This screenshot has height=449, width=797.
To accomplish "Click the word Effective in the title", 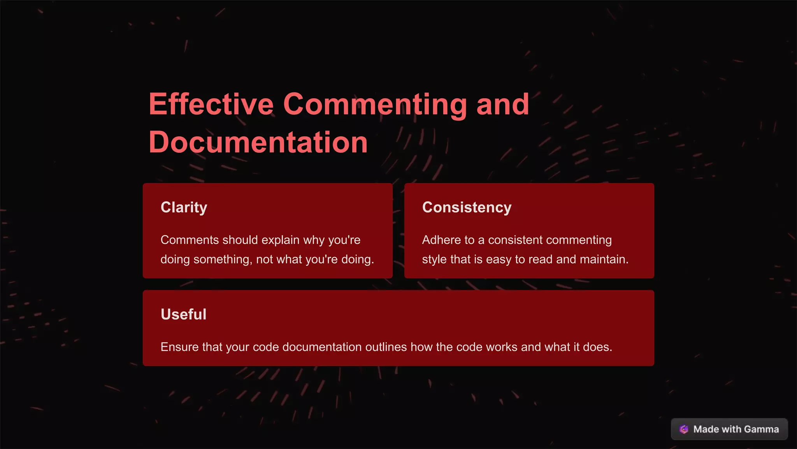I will pyautogui.click(x=211, y=104).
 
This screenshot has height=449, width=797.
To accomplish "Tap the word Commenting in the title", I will pyautogui.click(x=375, y=104).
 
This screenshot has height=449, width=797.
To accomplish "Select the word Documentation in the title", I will pyautogui.click(x=258, y=142).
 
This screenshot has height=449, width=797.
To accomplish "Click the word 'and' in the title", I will pyautogui.click(x=503, y=104).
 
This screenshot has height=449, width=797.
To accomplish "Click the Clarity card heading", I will pyautogui.click(x=184, y=207).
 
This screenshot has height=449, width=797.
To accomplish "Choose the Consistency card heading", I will pyautogui.click(x=467, y=207).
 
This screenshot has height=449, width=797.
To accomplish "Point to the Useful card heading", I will pyautogui.click(x=183, y=314).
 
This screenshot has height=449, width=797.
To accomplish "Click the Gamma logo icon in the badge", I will pyautogui.click(x=684, y=429).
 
